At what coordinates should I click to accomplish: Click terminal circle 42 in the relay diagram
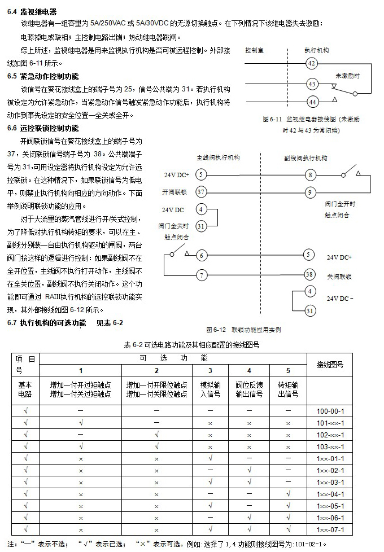click(x=312, y=63)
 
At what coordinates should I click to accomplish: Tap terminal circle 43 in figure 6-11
click(x=312, y=84)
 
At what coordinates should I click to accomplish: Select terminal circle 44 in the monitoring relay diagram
click(x=312, y=102)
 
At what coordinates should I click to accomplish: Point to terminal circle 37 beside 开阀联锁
click(x=201, y=192)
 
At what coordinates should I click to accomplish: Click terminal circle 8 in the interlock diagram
click(x=311, y=174)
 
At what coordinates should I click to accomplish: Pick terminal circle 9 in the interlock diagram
click(x=311, y=192)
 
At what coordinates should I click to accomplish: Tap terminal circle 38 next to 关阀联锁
click(x=309, y=275)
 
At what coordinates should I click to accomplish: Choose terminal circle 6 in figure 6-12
click(x=202, y=256)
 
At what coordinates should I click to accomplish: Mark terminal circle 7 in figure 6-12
click(x=202, y=275)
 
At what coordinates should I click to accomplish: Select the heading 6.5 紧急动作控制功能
click(x=43, y=76)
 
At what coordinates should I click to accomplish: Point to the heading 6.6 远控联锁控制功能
click(x=43, y=128)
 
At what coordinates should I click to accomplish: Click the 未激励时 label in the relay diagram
click(x=347, y=75)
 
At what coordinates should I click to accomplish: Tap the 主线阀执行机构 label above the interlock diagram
click(x=218, y=157)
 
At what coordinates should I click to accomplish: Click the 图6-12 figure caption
click(x=243, y=329)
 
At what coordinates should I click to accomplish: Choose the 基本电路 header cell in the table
click(x=25, y=389)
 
